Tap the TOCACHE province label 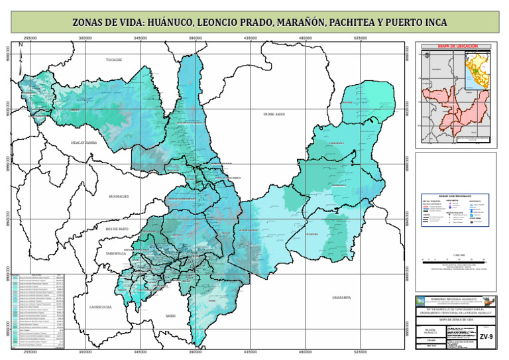tap(114, 60)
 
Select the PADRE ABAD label tap(274, 114)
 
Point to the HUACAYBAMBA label tap(84, 143)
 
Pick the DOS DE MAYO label tap(117, 229)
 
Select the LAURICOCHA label tap(100, 307)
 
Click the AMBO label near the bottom tap(171, 316)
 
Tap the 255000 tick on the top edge tap(30, 38)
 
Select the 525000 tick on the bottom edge tap(361, 353)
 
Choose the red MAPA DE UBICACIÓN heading tap(457, 46)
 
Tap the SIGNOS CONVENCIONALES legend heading tap(455, 196)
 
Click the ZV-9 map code tap(487, 337)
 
